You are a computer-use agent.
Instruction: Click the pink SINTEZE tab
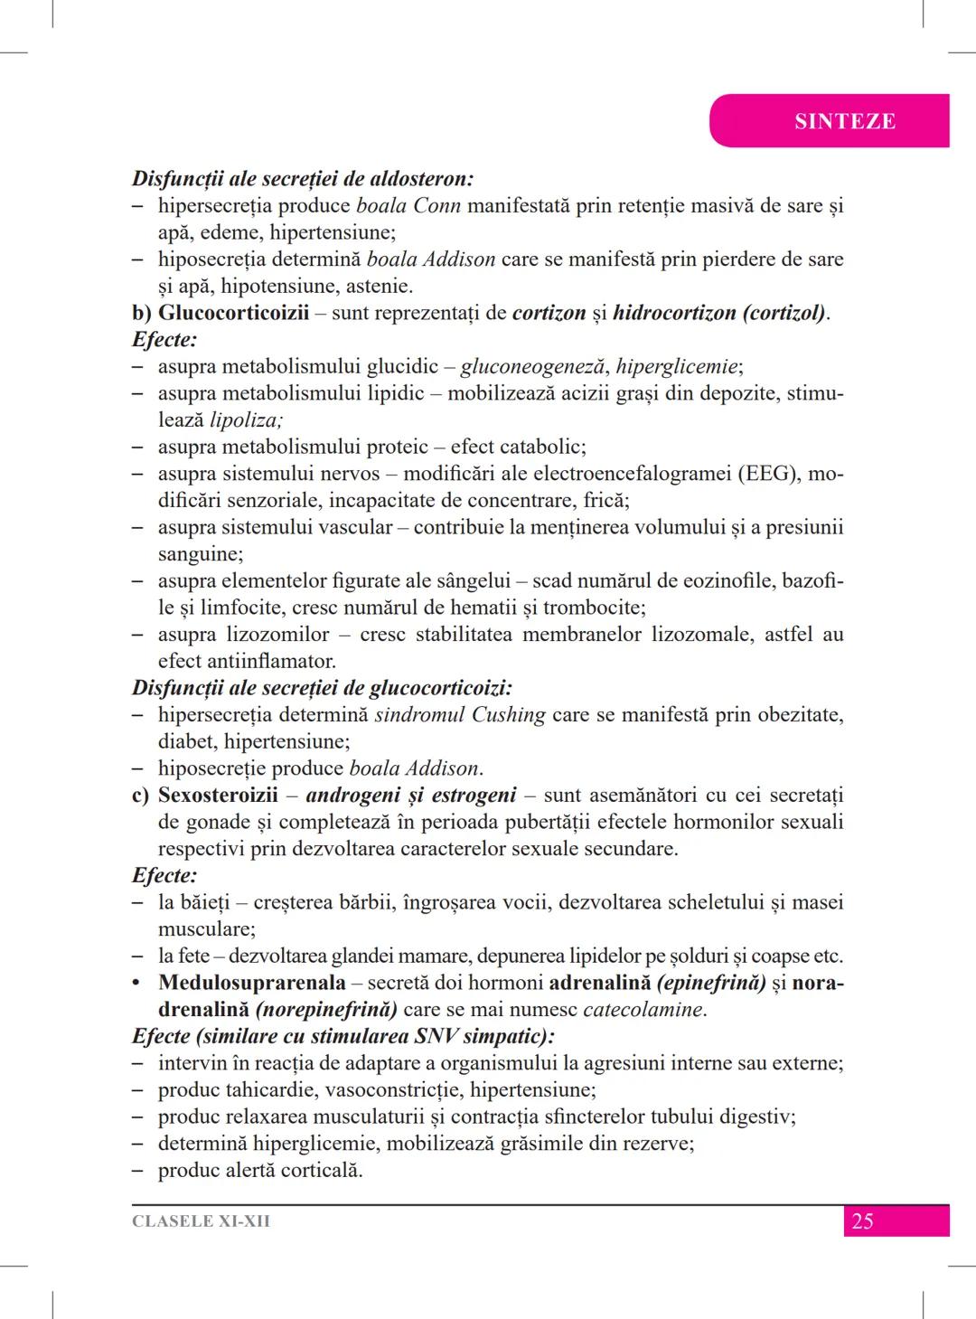click(x=844, y=121)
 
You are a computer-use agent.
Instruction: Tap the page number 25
click(x=862, y=1221)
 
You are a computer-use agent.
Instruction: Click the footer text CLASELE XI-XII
click(x=201, y=1221)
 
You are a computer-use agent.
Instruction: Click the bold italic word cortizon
click(x=549, y=313)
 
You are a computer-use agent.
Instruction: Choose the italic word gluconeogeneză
click(x=535, y=366)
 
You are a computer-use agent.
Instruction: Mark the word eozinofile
click(x=727, y=580)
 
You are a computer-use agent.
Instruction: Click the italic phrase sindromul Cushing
click(x=460, y=715)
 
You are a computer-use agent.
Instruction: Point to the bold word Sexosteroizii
click(x=218, y=795)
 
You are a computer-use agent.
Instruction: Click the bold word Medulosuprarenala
click(x=252, y=983)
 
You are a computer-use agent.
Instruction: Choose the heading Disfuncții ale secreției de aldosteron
click(x=303, y=179)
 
